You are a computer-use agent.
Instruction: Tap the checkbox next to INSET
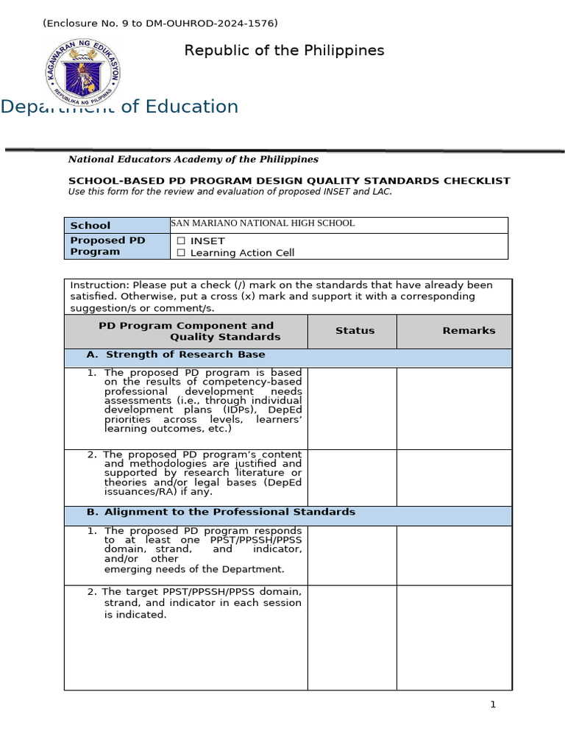[x=180, y=241]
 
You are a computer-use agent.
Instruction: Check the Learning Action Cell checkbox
[x=180, y=253]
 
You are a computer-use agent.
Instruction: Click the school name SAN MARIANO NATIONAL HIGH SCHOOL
[x=263, y=224]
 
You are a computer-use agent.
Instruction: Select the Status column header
[x=355, y=331]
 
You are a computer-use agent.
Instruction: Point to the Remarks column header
[x=469, y=331]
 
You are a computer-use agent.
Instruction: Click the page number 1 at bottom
[x=493, y=704]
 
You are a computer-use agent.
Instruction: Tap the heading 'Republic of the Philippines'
[x=284, y=51]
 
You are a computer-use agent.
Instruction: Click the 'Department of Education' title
[x=119, y=107]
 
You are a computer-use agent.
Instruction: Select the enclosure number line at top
[x=160, y=24]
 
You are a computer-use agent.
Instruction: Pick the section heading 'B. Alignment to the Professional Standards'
[x=230, y=512]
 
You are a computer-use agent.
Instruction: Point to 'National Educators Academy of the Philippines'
[x=193, y=159]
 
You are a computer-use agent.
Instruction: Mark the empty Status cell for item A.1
[x=352, y=408]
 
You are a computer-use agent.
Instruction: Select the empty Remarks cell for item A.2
[x=454, y=477]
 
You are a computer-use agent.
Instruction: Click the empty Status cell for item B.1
[x=352, y=555]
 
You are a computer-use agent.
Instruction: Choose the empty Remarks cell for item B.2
[x=454, y=638]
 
